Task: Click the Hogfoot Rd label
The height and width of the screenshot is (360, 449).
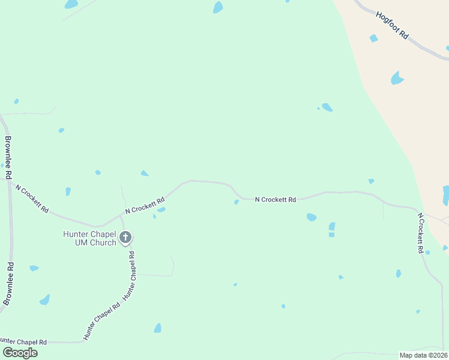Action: (x=393, y=25)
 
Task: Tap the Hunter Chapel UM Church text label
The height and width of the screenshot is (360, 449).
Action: (x=89, y=238)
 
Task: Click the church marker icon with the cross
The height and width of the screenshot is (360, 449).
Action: (x=125, y=238)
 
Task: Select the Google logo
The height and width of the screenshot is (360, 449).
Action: (x=19, y=353)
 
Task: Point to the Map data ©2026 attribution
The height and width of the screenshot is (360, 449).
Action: (x=423, y=355)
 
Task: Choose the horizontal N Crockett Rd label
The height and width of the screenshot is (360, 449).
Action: (x=276, y=199)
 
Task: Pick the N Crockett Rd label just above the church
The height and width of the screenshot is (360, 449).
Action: (x=145, y=205)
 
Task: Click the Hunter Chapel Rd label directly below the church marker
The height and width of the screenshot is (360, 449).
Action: (x=129, y=275)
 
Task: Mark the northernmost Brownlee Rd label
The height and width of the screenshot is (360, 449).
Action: (x=8, y=158)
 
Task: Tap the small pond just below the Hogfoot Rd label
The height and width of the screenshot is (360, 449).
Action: (x=373, y=38)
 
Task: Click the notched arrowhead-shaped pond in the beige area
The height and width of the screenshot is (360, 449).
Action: (x=397, y=78)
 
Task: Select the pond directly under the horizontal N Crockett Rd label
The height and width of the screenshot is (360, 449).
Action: (x=311, y=217)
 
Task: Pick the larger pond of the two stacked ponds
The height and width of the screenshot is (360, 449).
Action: (x=332, y=227)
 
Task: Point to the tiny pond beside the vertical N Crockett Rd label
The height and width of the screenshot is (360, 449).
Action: (x=427, y=253)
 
